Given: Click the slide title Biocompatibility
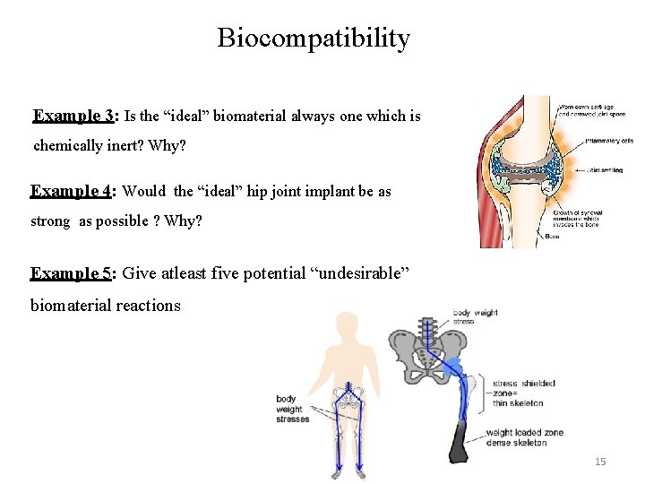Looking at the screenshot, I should click(314, 39).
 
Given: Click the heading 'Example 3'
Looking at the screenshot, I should click(73, 116).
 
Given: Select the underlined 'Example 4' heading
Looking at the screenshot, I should click(73, 191).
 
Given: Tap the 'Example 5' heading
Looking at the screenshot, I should click(73, 273).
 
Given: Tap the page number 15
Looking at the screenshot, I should click(600, 462).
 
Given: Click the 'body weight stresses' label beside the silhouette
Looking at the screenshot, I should click(292, 409).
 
